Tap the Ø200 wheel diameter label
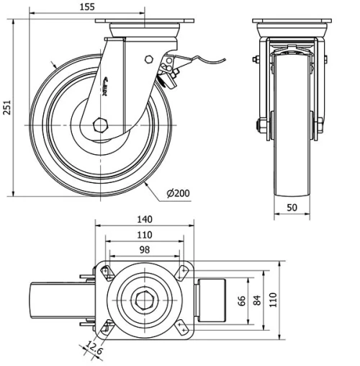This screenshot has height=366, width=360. coord(178,194)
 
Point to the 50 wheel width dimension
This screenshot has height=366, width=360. coord(293,207)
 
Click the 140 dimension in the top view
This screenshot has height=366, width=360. coord(145,220)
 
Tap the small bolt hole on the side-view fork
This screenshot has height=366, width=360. coord(148,59)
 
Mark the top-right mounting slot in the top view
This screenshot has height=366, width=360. coord(182,270)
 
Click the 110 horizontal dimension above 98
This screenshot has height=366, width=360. coord(145,235)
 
